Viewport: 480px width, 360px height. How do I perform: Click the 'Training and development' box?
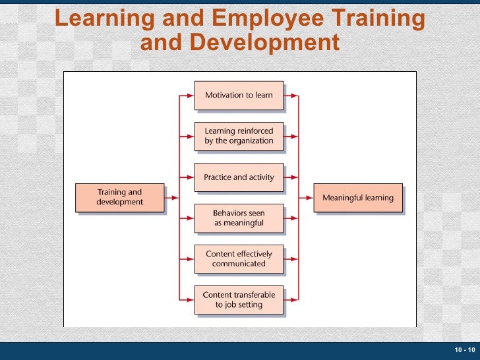[119, 197]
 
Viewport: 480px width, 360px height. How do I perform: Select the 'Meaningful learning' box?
[357, 198]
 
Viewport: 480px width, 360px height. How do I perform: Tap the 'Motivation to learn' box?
[239, 96]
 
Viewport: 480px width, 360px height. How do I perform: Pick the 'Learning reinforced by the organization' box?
[239, 136]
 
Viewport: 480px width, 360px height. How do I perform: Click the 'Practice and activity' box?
[239, 177]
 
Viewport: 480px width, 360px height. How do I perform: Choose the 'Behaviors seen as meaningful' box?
[239, 218]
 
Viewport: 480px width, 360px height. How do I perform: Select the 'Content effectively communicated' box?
[239, 259]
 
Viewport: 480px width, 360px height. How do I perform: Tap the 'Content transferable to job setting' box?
[239, 300]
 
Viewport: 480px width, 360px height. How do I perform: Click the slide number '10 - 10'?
[464, 349]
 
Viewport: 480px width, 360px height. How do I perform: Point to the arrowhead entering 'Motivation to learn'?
[191, 96]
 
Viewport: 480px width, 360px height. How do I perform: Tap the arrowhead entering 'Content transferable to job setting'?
[191, 300]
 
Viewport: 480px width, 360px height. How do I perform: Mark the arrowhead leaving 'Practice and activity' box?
[295, 177]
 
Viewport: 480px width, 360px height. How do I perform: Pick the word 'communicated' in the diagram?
[239, 264]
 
